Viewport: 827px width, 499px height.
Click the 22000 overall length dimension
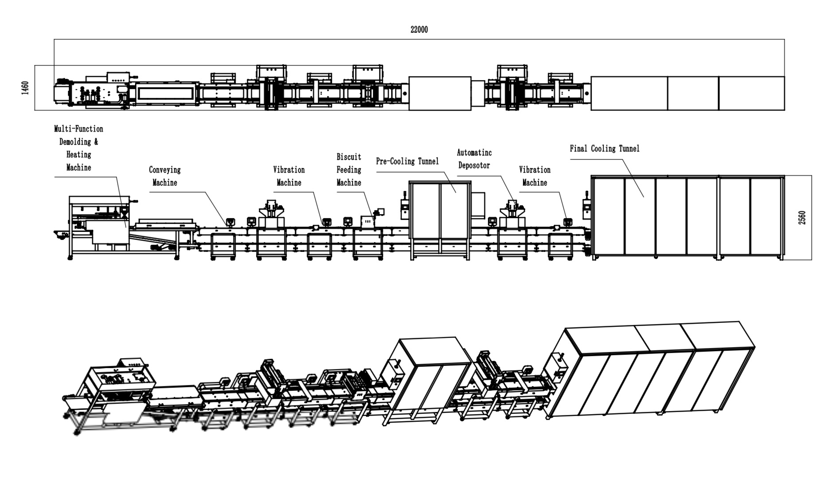419,30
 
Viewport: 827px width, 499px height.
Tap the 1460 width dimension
25,88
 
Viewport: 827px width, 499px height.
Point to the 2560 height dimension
802,217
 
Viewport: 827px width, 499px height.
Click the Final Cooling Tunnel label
605,149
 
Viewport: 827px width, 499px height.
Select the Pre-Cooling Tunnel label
407,161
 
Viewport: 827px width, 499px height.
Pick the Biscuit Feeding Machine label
348,169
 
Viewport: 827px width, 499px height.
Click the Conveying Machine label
165,176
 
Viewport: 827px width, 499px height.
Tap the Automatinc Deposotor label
474,159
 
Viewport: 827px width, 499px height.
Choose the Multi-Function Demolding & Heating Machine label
79,148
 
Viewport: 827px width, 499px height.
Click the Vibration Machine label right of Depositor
534,176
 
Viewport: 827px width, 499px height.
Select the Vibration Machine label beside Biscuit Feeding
289,176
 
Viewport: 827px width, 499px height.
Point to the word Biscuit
348,157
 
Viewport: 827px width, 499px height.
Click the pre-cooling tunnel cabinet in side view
439,217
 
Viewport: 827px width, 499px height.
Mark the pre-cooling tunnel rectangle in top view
439,93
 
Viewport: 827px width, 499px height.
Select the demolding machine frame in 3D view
118,390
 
